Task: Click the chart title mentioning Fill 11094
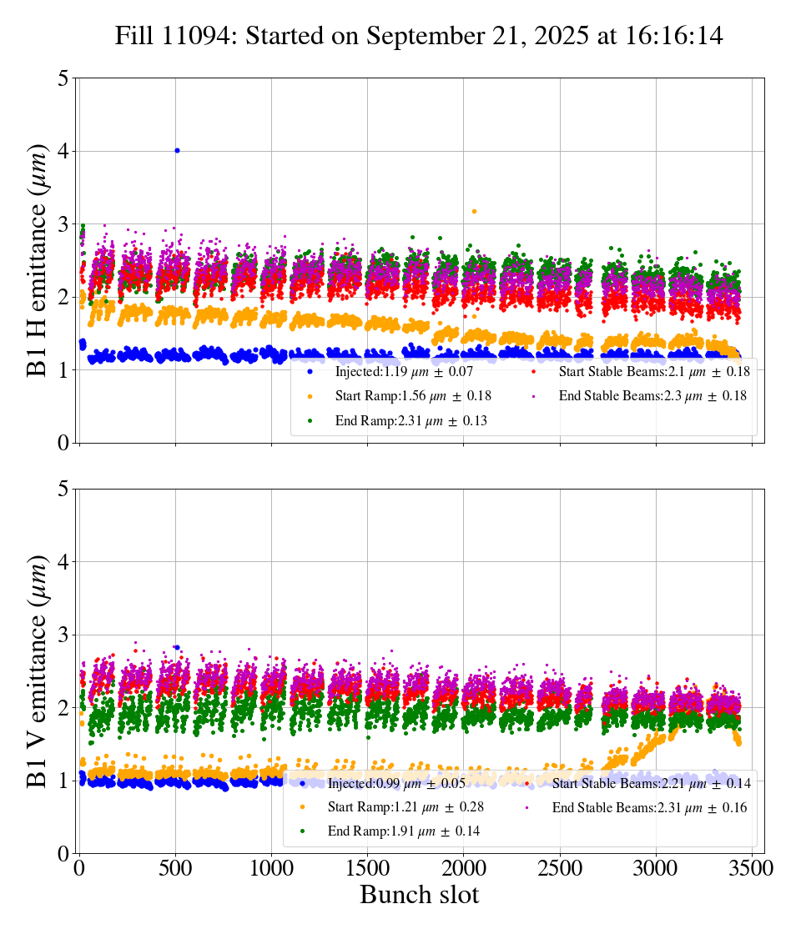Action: pos(419,36)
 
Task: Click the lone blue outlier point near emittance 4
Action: pos(177,150)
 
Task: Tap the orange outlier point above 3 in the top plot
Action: pos(474,212)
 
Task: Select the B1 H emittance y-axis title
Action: pos(38,260)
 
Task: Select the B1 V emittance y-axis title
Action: pos(38,670)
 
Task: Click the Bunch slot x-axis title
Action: pos(419,895)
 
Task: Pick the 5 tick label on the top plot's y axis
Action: pos(63,78)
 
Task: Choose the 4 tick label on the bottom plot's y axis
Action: pos(63,562)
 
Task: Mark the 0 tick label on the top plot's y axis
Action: pos(63,443)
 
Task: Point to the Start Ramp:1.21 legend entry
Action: pos(409,807)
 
